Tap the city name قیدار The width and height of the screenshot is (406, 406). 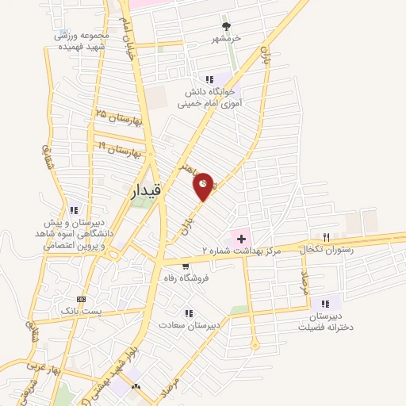point(147,191)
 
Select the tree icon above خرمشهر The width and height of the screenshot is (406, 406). point(225,25)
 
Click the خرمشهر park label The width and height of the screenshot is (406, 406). point(224,38)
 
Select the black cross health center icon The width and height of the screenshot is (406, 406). point(240,238)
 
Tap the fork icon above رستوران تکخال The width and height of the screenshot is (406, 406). point(326,237)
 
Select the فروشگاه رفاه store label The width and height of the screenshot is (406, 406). point(185,278)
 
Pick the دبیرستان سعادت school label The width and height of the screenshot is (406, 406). point(189,325)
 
